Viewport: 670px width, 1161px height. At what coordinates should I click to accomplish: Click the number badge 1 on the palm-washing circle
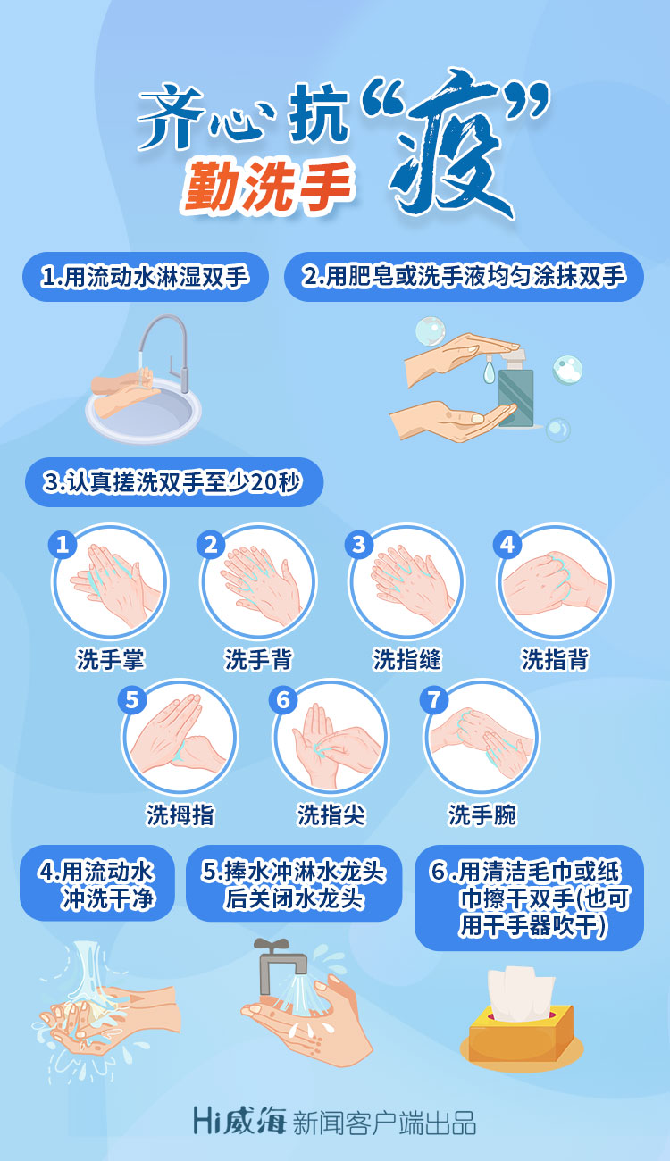[63, 544]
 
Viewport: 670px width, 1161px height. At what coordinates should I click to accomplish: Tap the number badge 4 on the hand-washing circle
[507, 544]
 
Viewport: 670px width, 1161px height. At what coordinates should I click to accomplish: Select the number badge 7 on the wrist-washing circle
[433, 699]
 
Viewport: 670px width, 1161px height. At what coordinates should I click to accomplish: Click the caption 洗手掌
[111, 659]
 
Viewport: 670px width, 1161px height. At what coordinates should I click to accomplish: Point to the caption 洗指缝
[407, 659]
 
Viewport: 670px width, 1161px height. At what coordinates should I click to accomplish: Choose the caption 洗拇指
[180, 814]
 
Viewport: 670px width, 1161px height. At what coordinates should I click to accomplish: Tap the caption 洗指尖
[331, 814]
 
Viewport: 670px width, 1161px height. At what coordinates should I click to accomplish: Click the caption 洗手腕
[482, 814]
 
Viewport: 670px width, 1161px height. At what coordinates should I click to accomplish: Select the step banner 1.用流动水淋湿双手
[146, 277]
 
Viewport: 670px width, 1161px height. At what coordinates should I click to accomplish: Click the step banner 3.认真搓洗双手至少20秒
[174, 482]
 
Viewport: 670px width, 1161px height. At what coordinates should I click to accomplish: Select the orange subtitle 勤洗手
[266, 185]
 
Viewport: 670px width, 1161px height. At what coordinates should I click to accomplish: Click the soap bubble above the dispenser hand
[430, 330]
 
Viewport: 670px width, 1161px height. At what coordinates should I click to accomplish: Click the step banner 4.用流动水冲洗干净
[97, 882]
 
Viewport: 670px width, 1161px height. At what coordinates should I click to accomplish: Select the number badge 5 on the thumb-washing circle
[131, 699]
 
